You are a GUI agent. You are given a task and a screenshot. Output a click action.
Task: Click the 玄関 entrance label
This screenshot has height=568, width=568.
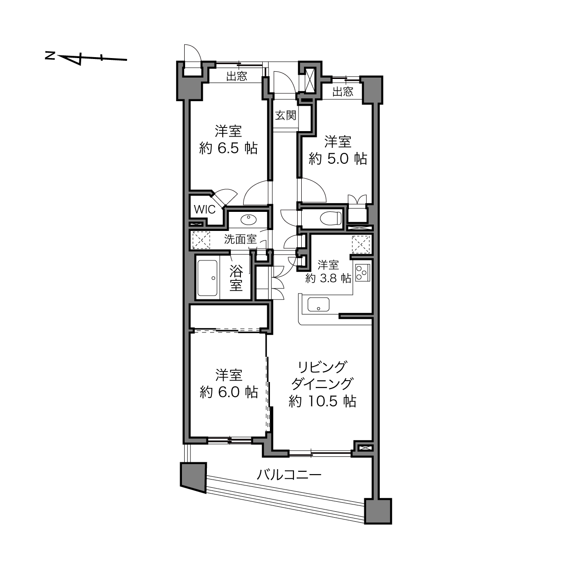pos(285,115)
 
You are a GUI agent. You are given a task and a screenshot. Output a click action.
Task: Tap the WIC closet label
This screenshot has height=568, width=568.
pos(205,210)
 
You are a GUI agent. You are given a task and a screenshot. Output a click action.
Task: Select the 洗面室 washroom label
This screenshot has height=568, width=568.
pos(240,239)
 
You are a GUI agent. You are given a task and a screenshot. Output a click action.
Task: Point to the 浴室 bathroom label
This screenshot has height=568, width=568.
pos(236,278)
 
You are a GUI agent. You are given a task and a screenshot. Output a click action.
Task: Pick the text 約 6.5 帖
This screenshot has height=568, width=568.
pos(229,148)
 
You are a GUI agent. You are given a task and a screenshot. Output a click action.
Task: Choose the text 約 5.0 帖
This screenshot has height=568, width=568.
pos(338,159)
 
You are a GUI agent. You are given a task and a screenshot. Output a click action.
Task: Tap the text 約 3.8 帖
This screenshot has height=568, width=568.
pos(328,278)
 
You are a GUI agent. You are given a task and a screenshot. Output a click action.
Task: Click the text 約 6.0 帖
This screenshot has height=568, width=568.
pos(229,392)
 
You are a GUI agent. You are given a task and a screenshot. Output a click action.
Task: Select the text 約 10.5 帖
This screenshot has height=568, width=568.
pos(323,401)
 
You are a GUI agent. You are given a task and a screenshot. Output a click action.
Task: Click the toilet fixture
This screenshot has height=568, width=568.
pos(331,218)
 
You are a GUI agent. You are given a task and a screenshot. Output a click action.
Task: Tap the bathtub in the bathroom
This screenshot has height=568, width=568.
pos(207,278)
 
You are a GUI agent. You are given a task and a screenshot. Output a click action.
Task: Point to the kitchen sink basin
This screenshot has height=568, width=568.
pos(318,304)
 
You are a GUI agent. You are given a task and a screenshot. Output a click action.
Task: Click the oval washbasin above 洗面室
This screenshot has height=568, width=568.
pos(249,220)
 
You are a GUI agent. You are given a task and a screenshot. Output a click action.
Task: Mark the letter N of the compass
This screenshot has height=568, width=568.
pos(50,55)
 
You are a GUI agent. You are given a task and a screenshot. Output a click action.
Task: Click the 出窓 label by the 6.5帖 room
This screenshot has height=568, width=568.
pos(237,77)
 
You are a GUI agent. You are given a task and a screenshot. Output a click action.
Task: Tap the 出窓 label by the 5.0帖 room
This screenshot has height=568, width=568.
pos(343,92)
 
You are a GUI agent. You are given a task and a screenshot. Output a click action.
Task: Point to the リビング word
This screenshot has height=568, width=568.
pos(322,367)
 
